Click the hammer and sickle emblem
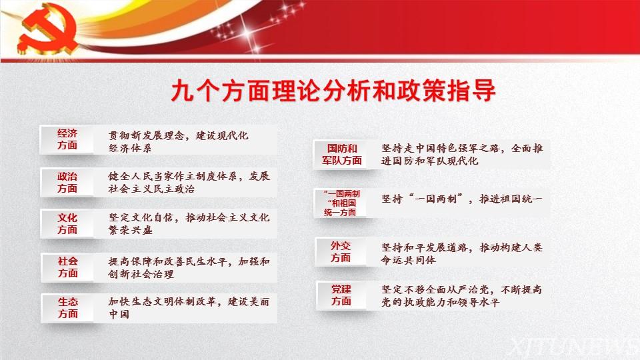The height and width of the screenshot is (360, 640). [46, 29]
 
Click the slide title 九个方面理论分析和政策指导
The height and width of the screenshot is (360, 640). [333, 91]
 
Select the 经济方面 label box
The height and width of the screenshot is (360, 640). [67, 139]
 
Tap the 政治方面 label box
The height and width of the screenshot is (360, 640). [67, 183]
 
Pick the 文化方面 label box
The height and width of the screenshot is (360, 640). [67, 224]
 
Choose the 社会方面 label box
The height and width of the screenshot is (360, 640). [67, 267]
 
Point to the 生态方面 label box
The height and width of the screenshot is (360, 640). [67, 308]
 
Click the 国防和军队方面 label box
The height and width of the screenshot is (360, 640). [341, 154]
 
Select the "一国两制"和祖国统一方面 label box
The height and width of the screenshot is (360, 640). [341, 203]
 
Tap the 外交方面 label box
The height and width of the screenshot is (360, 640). [341, 252]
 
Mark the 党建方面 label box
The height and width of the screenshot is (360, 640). [341, 295]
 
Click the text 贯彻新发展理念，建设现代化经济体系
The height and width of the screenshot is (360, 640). [178, 141]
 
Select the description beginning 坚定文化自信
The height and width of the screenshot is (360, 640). [189, 224]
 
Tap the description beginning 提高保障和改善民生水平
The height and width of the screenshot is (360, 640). [189, 267]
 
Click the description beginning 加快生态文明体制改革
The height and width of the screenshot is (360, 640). [189, 308]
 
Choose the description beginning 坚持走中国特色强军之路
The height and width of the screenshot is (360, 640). [462, 154]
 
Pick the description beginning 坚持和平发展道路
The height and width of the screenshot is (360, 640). [461, 253]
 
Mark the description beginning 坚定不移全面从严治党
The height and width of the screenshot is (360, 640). [461, 296]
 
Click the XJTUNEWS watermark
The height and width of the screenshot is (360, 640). [575, 347]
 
